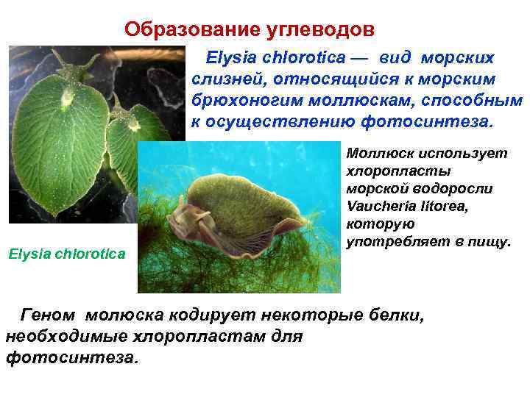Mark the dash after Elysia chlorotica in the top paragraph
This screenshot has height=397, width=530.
click(363, 57)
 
